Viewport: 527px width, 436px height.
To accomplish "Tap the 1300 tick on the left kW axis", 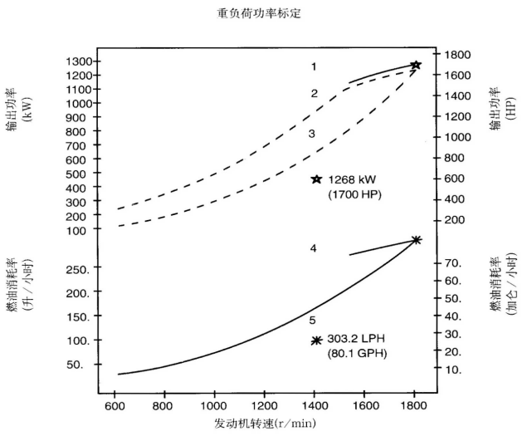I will click(78, 61).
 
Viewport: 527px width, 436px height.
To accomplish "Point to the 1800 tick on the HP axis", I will click(459, 55).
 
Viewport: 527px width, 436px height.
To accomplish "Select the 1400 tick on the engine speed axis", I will click(314, 406).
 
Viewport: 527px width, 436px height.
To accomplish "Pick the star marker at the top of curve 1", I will click(416, 65).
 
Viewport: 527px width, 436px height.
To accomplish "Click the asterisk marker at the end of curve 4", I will click(416, 240).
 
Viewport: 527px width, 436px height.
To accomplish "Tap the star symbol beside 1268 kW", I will click(316, 179).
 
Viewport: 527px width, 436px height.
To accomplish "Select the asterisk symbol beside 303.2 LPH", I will click(316, 340).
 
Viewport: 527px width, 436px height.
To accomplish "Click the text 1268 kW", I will click(352, 179).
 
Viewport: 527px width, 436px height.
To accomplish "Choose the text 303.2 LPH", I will click(357, 340).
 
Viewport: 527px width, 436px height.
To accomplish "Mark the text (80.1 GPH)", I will click(358, 355).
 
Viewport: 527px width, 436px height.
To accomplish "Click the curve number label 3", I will click(312, 133).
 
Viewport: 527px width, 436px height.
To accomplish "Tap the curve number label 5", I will click(312, 320).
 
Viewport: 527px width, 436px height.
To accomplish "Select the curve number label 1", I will click(315, 66).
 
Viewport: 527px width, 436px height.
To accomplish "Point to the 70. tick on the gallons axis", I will click(453, 262).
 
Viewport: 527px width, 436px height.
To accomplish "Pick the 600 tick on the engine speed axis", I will click(115, 406).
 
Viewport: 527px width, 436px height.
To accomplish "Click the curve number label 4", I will click(314, 247).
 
